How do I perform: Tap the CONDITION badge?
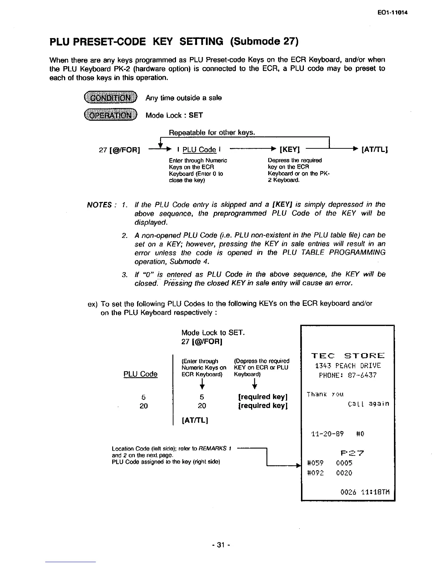pos(110,98)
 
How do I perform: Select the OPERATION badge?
pos(110,115)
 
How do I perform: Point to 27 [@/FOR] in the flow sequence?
pos(119,149)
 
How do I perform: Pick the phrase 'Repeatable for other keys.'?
pos(212,133)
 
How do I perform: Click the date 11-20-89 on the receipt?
pos(327,434)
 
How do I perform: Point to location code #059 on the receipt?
pos(315,463)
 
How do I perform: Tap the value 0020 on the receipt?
pos(344,473)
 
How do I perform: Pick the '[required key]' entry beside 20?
pos(263,406)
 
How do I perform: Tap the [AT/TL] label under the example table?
pos(194,420)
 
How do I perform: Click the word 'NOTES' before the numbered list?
pos(99,205)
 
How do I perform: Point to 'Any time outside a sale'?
pos(183,98)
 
